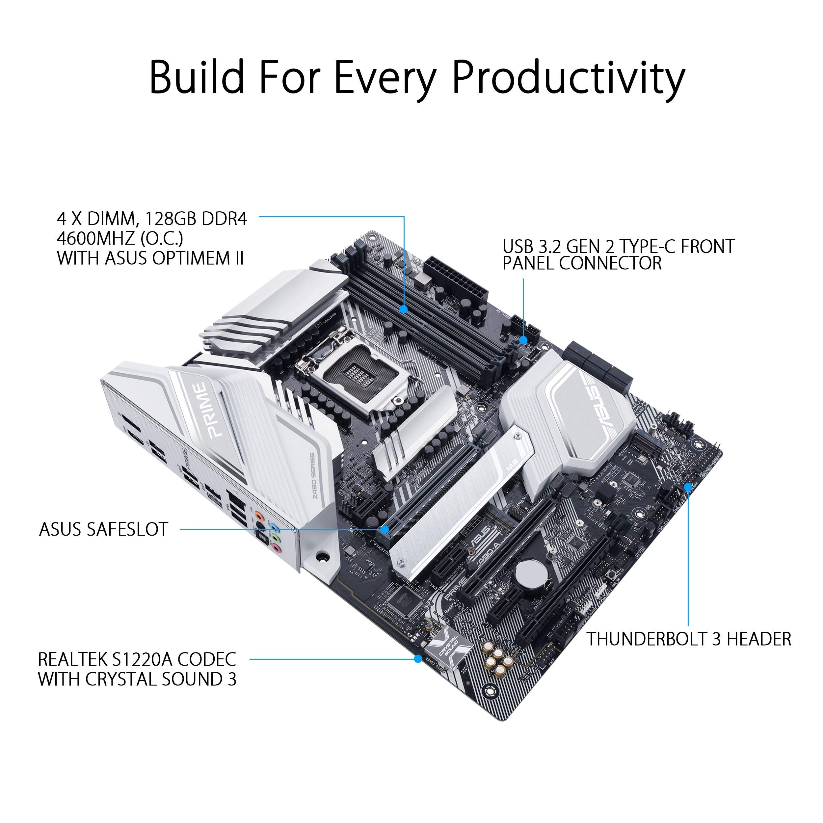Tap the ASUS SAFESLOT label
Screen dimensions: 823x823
[103, 529]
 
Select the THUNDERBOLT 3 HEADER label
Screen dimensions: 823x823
[688, 639]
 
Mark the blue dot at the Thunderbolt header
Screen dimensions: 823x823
[688, 487]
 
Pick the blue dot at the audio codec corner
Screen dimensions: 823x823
[418, 659]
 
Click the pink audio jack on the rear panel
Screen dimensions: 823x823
[277, 549]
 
